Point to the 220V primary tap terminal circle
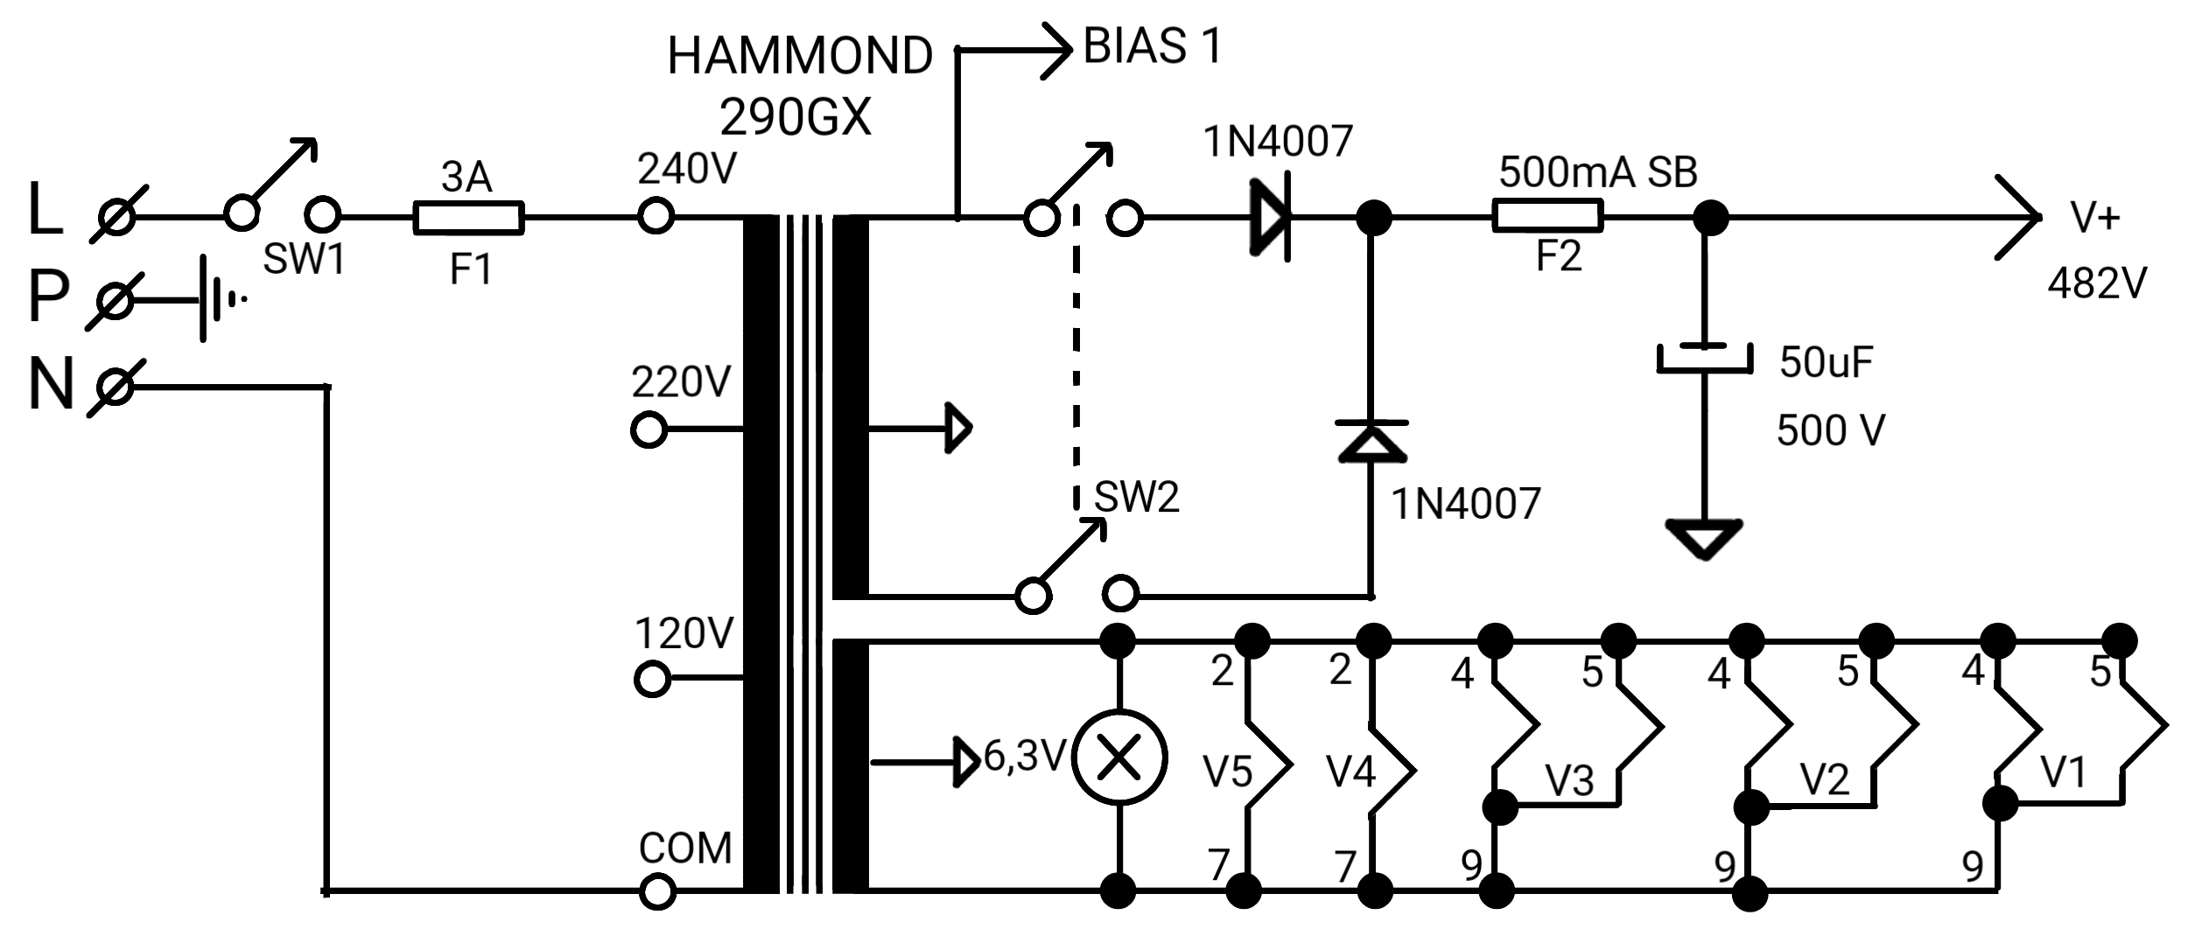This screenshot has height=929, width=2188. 649,430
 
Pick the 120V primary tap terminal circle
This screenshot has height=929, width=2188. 652,679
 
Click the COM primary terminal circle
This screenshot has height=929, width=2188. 656,892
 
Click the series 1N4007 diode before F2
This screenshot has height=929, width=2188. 1271,219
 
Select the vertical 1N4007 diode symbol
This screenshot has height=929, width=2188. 1371,441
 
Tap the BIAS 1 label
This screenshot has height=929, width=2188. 1152,45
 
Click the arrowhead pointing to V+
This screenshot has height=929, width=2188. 2017,217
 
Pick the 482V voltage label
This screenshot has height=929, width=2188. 2097,283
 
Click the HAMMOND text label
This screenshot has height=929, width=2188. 800,56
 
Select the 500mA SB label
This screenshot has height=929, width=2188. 1598,172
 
